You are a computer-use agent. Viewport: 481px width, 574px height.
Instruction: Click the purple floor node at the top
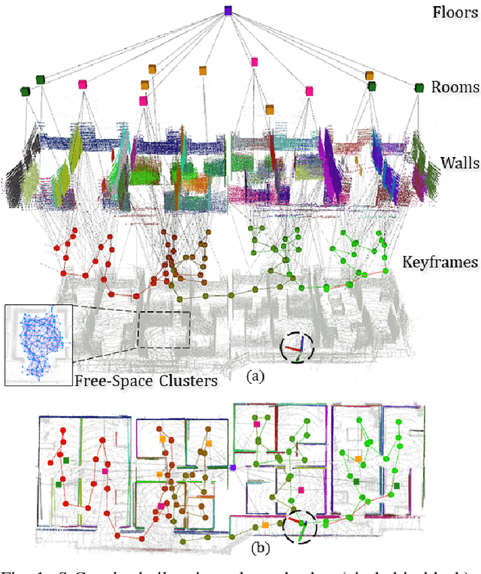pyautogui.click(x=228, y=11)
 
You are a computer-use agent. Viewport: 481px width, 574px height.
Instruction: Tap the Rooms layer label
pyautogui.click(x=455, y=87)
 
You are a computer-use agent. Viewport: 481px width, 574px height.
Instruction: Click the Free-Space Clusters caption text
pyautogui.click(x=146, y=380)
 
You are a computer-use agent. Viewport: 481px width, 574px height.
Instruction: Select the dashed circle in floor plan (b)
pyautogui.click(x=300, y=522)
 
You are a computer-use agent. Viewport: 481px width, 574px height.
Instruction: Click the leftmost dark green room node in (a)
pyautogui.click(x=25, y=91)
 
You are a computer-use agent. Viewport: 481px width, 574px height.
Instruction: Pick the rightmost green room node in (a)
pyautogui.click(x=419, y=88)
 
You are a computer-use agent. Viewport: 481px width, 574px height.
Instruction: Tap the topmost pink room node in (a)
pyautogui.click(x=254, y=62)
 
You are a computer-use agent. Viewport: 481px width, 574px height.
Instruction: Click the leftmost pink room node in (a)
pyautogui.click(x=81, y=85)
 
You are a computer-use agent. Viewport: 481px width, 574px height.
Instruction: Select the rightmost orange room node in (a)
pyautogui.click(x=369, y=76)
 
